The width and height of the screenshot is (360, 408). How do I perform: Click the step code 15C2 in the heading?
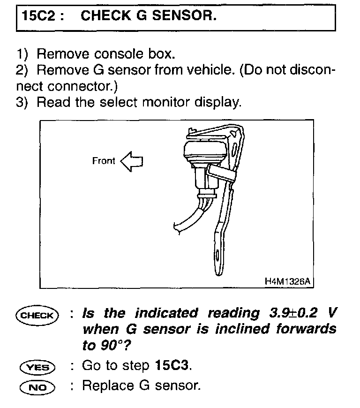38,16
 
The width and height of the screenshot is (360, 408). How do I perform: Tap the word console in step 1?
119,54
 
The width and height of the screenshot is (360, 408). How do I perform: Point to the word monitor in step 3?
166,102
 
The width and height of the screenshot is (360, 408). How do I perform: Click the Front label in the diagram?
104,161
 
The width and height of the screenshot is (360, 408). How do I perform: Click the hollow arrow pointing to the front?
132,161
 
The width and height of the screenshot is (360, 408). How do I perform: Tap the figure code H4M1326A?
287,281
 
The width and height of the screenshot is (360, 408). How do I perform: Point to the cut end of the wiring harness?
176,227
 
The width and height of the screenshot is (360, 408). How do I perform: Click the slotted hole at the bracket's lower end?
217,257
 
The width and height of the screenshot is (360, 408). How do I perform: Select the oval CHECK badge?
37,315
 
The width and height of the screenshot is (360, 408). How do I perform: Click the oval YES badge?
37,367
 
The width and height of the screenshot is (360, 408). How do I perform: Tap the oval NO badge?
37,387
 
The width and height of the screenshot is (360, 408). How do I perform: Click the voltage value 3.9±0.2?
293,313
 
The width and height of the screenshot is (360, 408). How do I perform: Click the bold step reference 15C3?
172,365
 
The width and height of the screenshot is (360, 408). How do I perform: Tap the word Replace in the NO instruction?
108,385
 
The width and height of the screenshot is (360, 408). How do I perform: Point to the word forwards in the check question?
306,329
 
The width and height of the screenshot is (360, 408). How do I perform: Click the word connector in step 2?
82,86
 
